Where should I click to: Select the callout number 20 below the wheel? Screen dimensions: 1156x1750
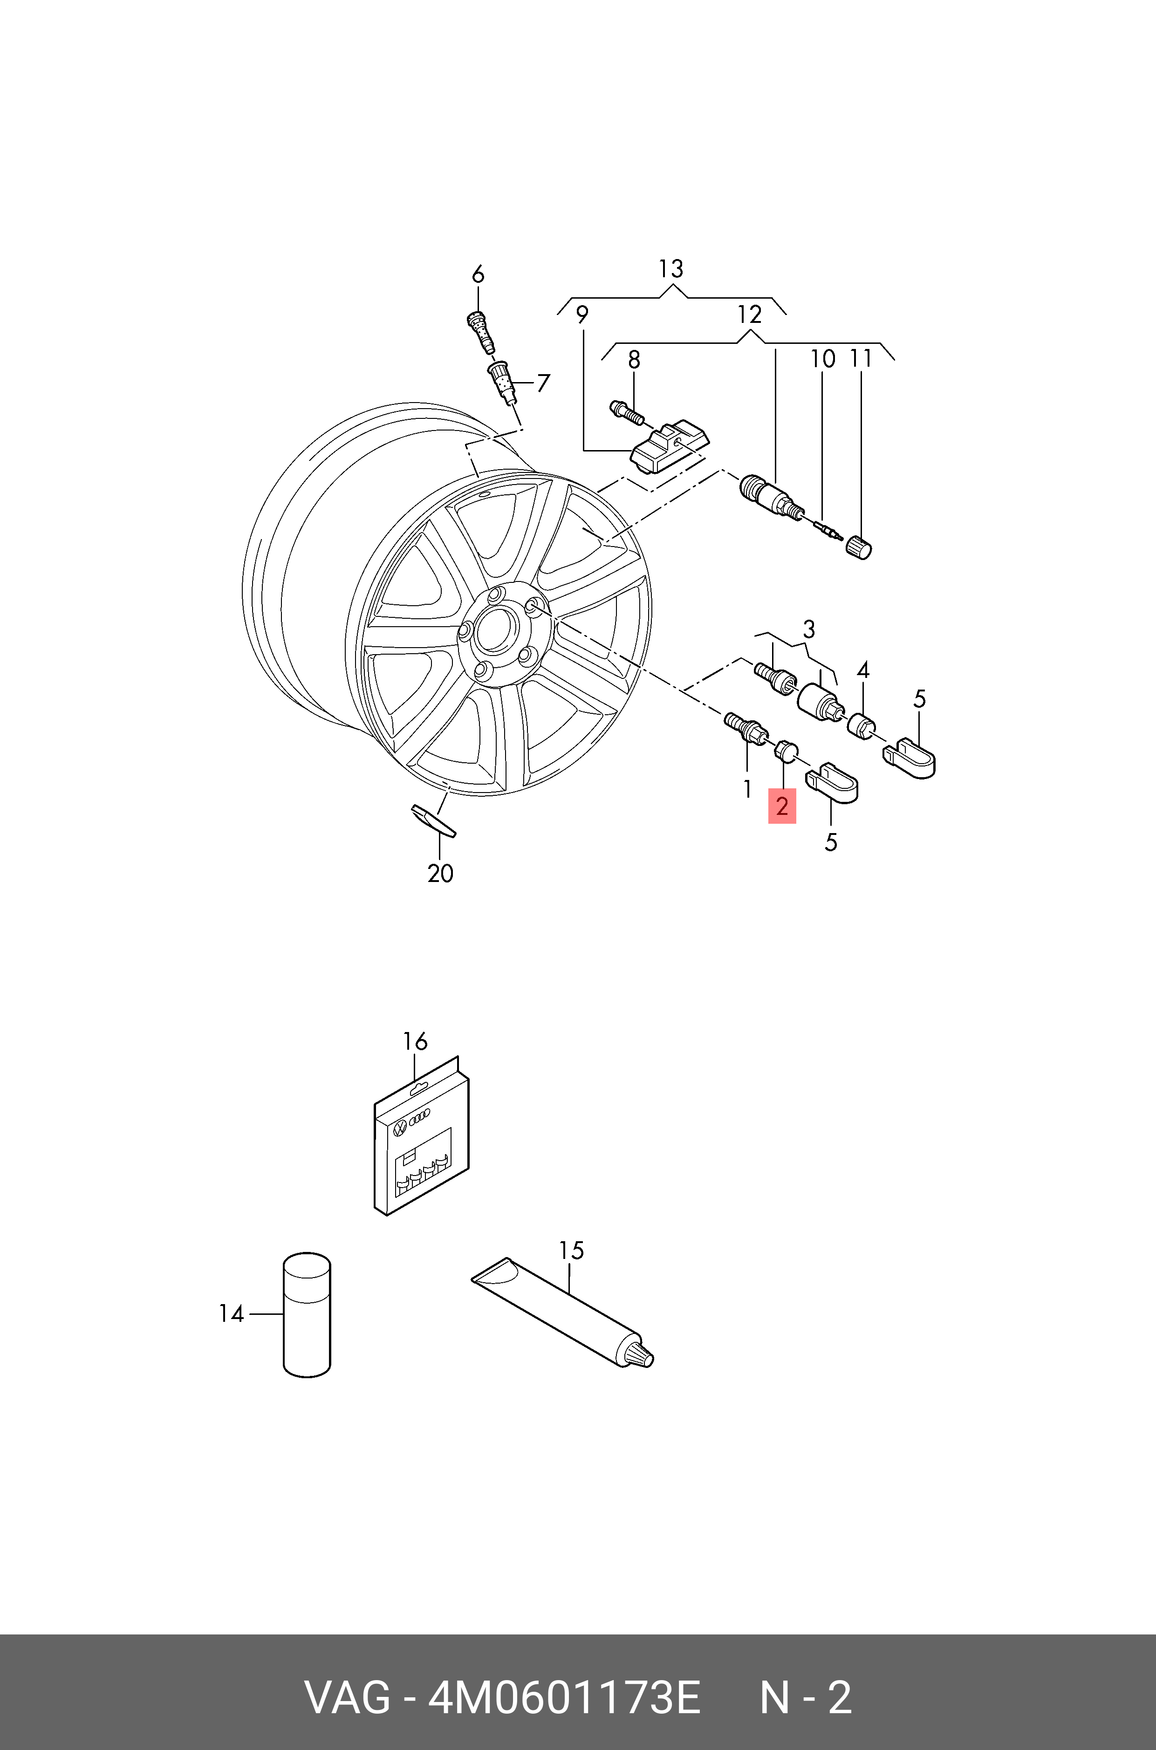[440, 874]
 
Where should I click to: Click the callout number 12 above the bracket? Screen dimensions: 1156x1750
[749, 315]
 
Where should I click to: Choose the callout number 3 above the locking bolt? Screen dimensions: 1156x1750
[809, 629]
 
